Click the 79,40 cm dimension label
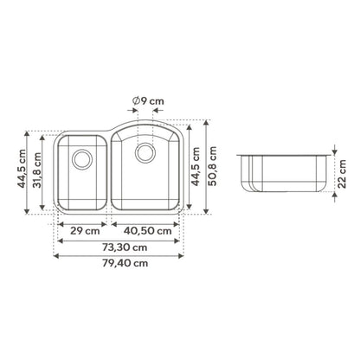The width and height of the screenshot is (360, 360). point(125,263)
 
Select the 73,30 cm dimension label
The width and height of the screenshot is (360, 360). point(125,247)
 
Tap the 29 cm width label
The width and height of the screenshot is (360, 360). point(85,231)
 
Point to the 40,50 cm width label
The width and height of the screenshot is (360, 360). point(148,231)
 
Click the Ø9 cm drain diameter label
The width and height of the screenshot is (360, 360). point(148,101)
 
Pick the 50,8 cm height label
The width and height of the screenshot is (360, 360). point(213,166)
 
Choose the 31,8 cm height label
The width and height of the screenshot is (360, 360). point(37,170)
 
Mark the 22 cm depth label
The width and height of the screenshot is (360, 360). point(342,174)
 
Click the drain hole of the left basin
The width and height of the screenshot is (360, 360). point(82,159)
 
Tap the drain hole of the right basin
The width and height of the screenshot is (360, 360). point(145,152)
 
